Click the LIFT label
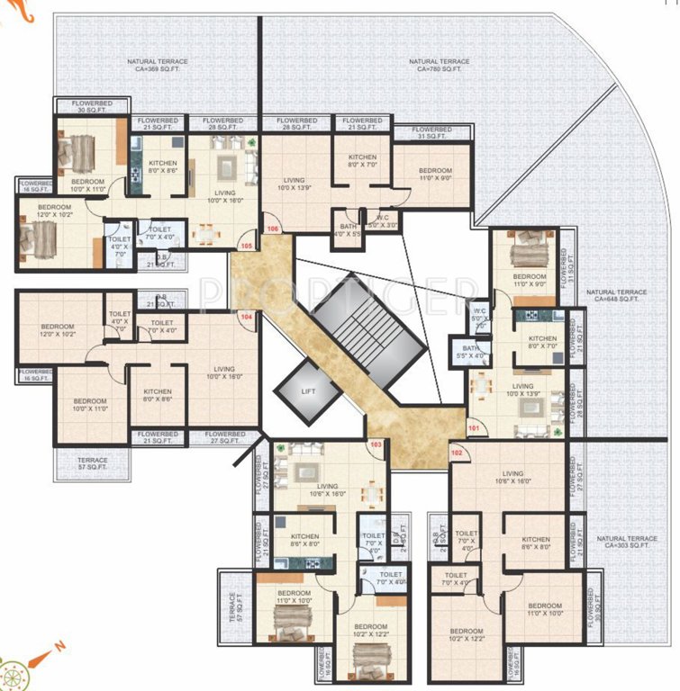(309, 391)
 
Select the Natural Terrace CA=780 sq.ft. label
(438, 67)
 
